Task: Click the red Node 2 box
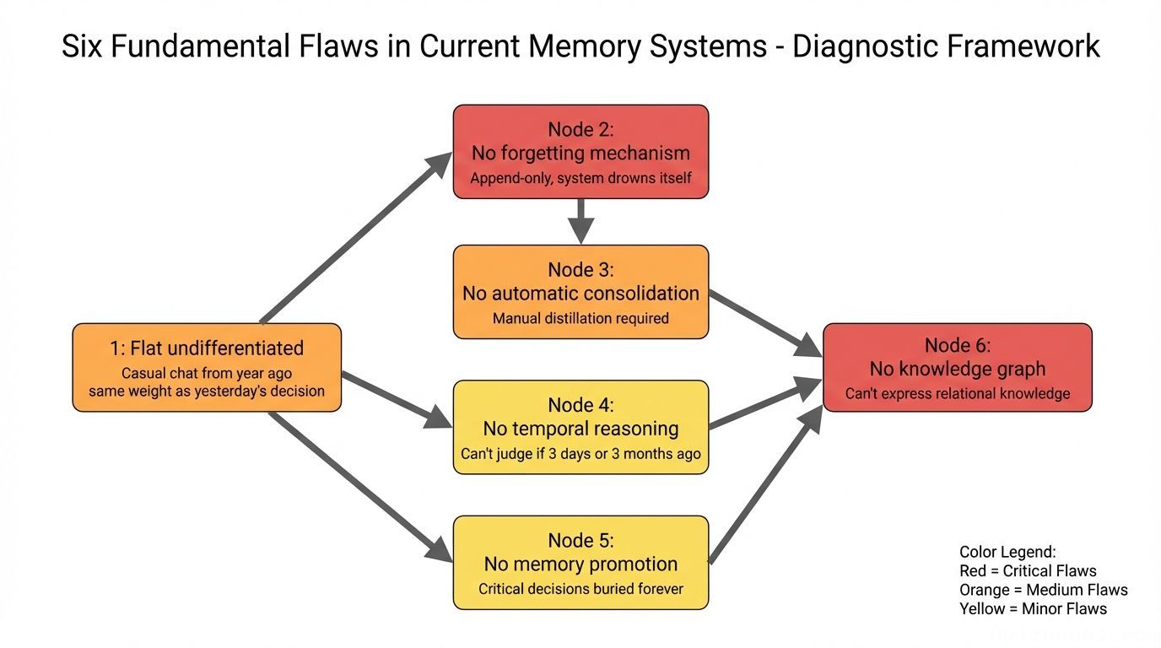coord(580,152)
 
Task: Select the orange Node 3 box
coord(580,292)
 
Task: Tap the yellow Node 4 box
coord(580,427)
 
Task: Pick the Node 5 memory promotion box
coord(580,562)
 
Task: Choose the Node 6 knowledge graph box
coord(957,367)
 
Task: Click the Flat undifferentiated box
coord(207,367)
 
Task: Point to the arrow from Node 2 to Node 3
coord(580,221)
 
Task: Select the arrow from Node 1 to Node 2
coord(354,239)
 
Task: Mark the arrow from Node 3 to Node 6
coord(764,320)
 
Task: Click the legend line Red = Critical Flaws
coord(1028,571)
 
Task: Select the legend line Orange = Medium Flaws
coord(1043,590)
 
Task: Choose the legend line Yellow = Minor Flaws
coord(1033,608)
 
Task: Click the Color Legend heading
coord(1007,553)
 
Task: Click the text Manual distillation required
coord(580,318)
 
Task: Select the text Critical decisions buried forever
coord(580,589)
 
